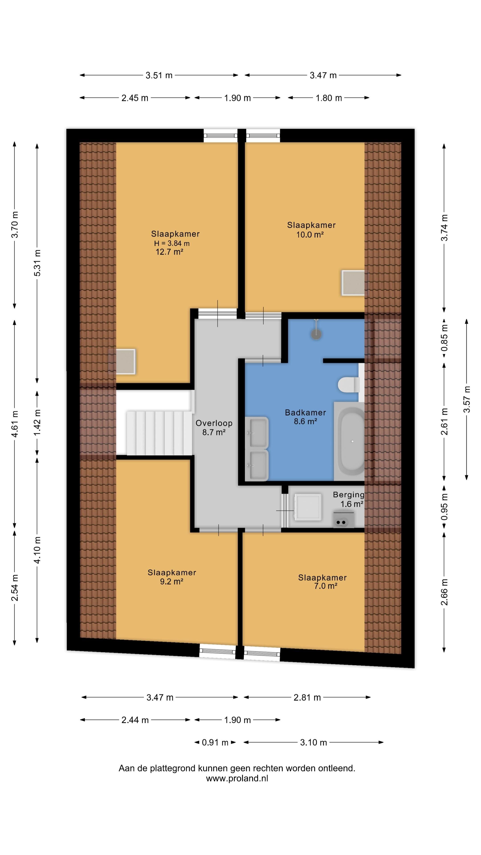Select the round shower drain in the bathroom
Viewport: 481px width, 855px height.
[x=317, y=334]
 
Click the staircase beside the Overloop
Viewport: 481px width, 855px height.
[x=159, y=433]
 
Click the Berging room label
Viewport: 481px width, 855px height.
[x=349, y=495]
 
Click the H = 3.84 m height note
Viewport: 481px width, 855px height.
[x=172, y=243]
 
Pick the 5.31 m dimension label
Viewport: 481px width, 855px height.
[x=37, y=263]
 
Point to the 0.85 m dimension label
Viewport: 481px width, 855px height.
[x=444, y=338]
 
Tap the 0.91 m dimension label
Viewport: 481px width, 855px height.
[x=215, y=743]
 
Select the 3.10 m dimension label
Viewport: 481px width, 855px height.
[x=313, y=743]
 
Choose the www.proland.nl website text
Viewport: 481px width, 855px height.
[x=237, y=778]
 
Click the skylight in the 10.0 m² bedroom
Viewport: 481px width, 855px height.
[x=353, y=283]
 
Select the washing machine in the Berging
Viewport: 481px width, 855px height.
[x=308, y=506]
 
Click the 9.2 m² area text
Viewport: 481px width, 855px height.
[x=172, y=581]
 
